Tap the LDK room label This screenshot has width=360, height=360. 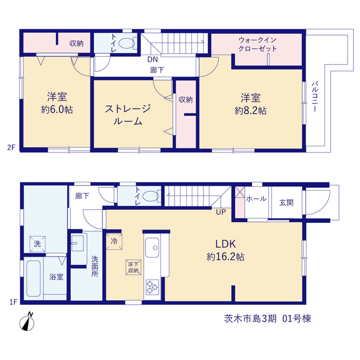click(226, 244)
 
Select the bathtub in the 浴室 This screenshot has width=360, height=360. click(34, 278)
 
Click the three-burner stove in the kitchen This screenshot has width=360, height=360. click(152, 287)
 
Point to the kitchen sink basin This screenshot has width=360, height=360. click(152, 247)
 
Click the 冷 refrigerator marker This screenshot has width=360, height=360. click(114, 241)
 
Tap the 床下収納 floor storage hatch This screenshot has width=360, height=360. click(133, 267)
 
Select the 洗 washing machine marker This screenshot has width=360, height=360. click(37, 244)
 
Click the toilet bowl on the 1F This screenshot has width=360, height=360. click(151, 196)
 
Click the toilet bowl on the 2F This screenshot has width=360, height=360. click(127, 43)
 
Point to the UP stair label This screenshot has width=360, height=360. click(221, 212)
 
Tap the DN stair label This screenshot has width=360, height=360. click(152, 60)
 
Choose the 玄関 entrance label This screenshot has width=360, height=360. click(286, 202)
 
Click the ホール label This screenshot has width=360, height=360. click(256, 199)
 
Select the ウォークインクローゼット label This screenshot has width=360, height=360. click(258, 44)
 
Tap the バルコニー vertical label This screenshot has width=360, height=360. click(314, 96)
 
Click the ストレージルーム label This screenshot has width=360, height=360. click(128, 115)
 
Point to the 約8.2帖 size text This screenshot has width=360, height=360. click(250, 111)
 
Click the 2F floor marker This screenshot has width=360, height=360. click(11, 147)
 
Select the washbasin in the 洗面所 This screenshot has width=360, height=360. click(78, 244)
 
